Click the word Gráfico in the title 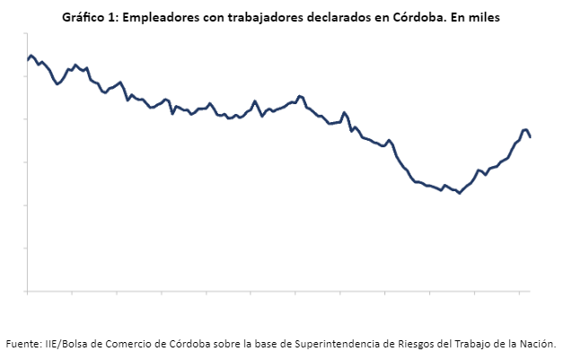pos(83,17)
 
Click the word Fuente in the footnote pos(23,343)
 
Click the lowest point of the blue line pos(459,193)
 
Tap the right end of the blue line pos(530,137)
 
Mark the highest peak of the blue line pos(31,56)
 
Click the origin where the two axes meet pos(28,291)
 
